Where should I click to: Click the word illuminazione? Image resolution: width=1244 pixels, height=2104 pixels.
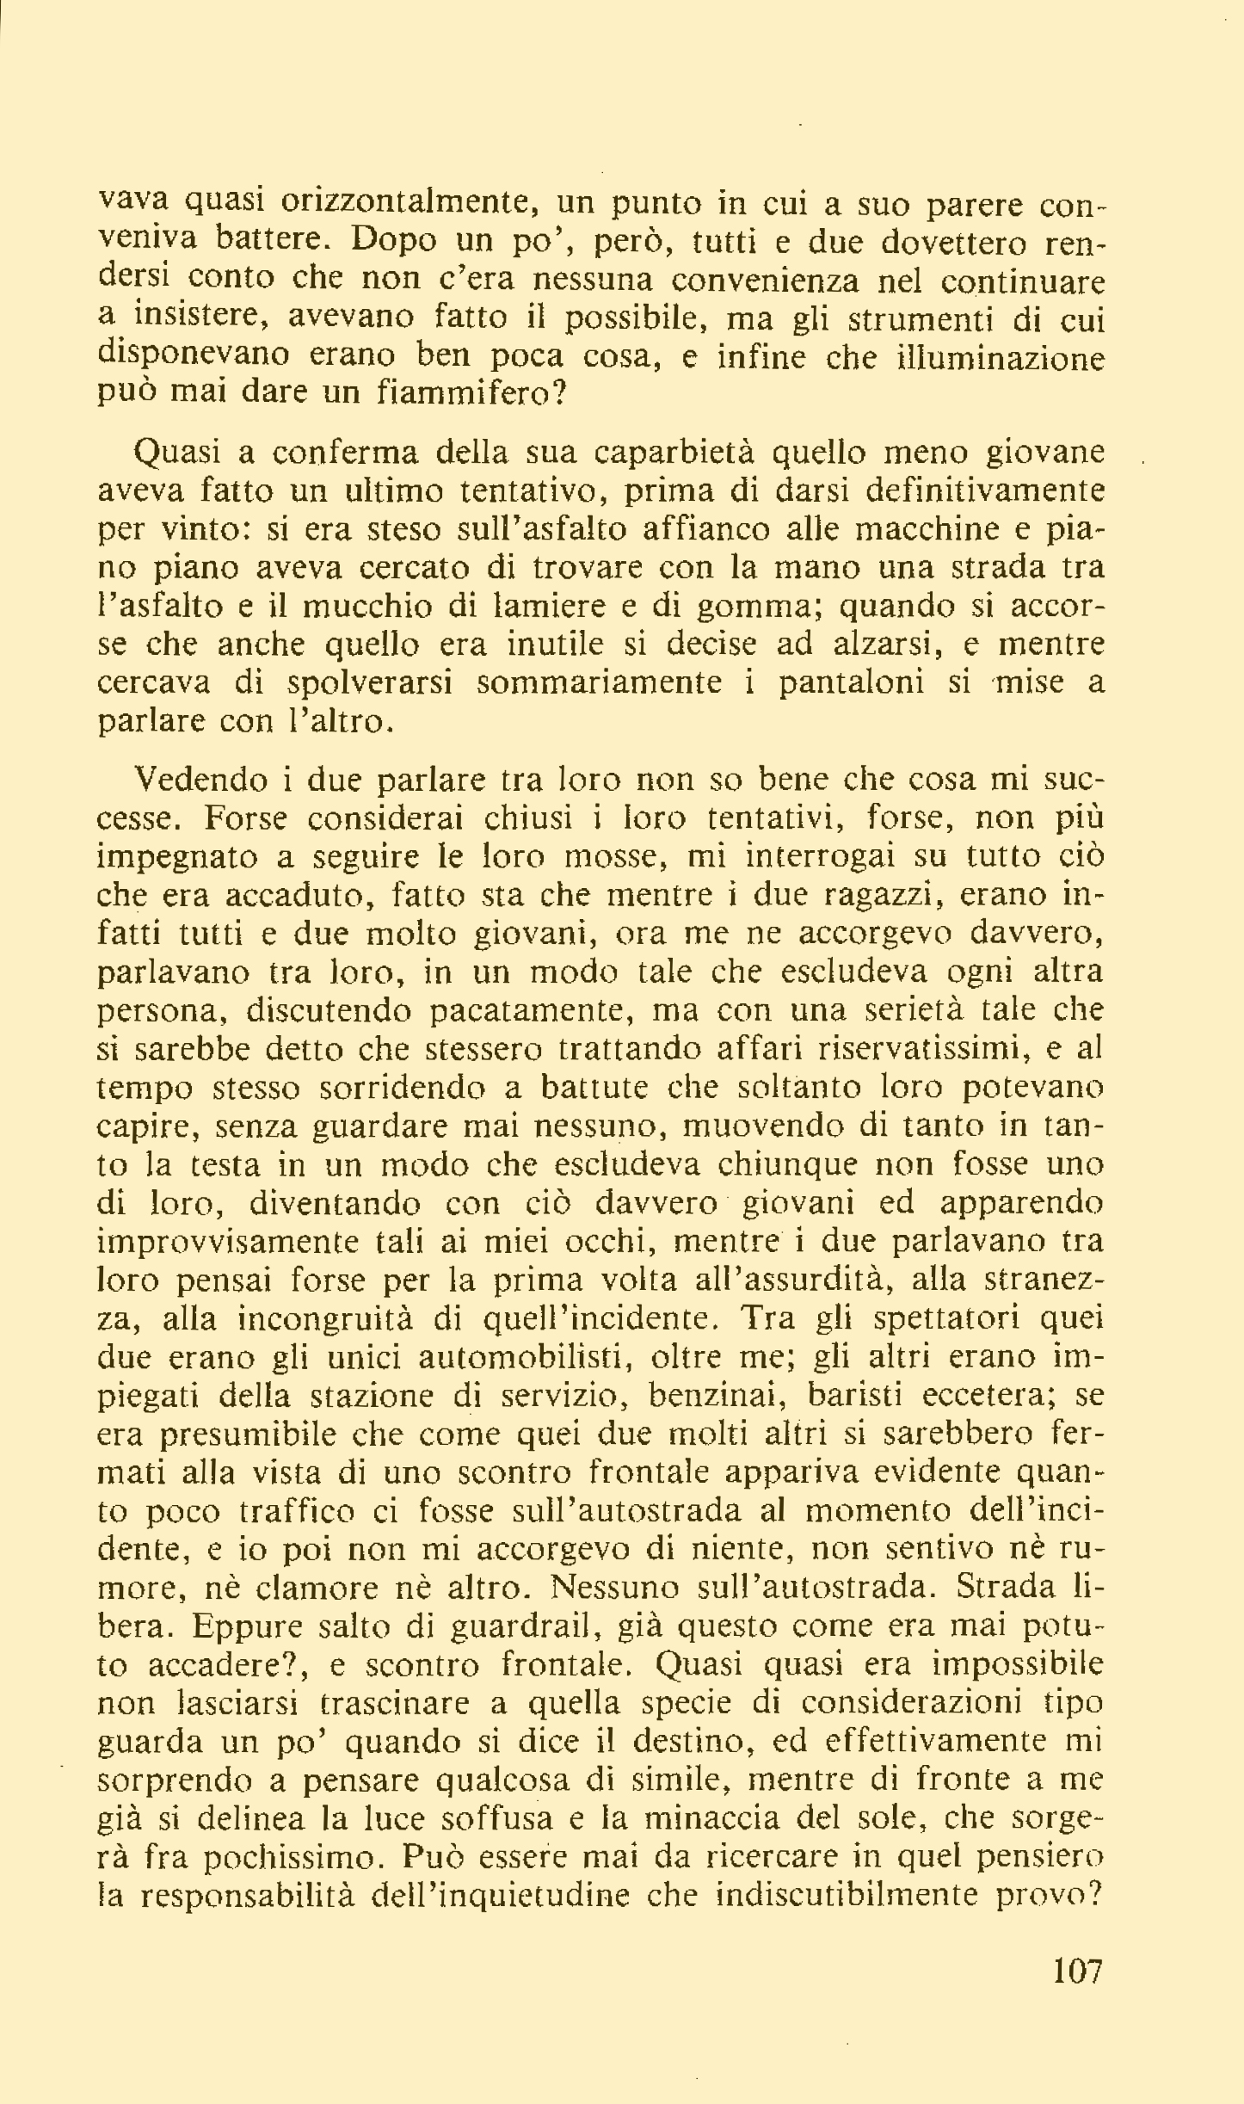(x=1001, y=356)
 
